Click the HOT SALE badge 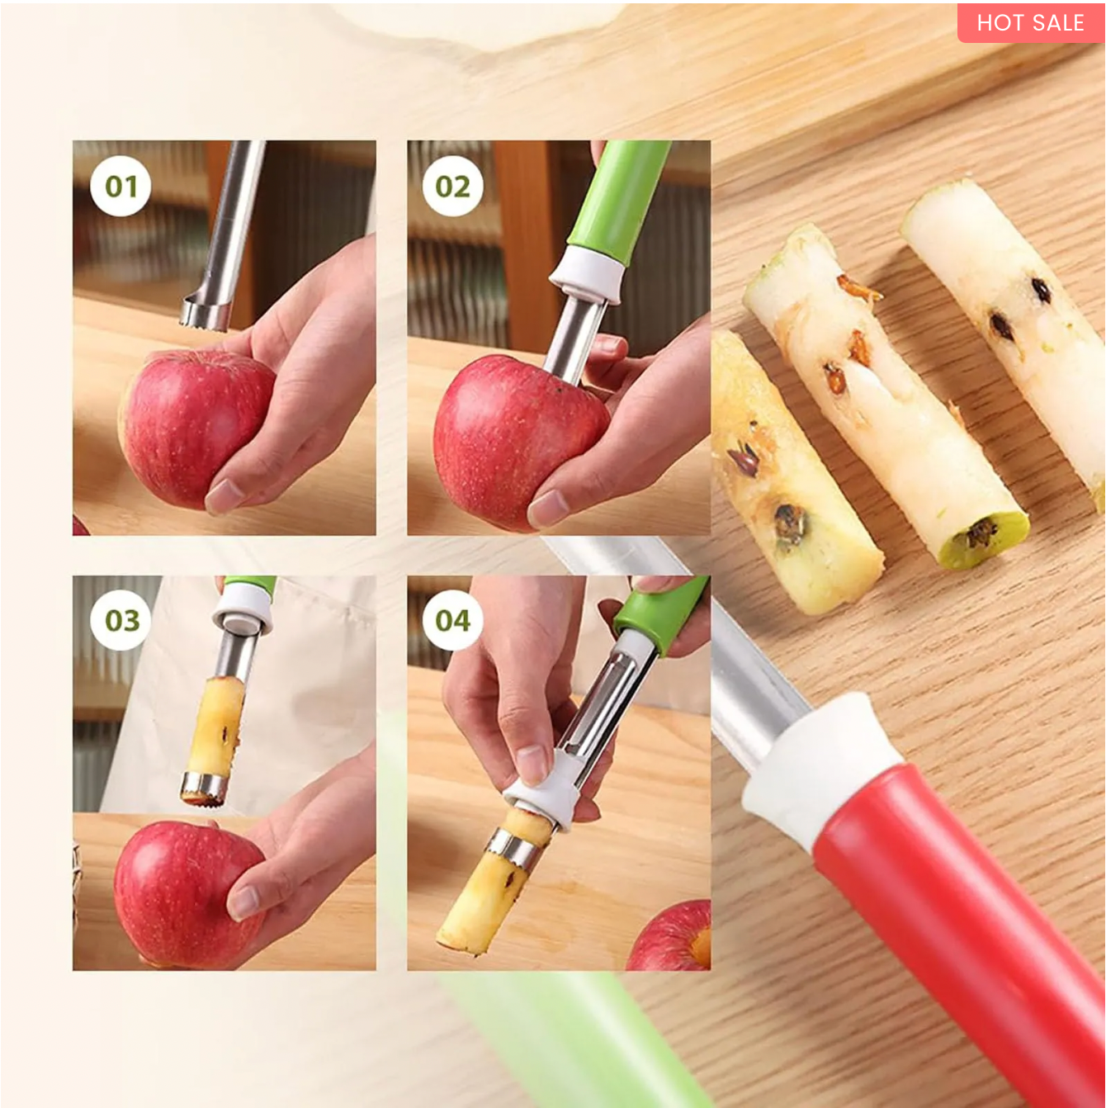click(x=1030, y=22)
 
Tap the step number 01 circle click(x=121, y=187)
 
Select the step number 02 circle click(x=452, y=187)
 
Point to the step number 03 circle click(x=121, y=620)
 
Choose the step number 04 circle click(x=452, y=620)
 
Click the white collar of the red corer click(x=821, y=768)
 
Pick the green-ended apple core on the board click(x=891, y=405)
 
